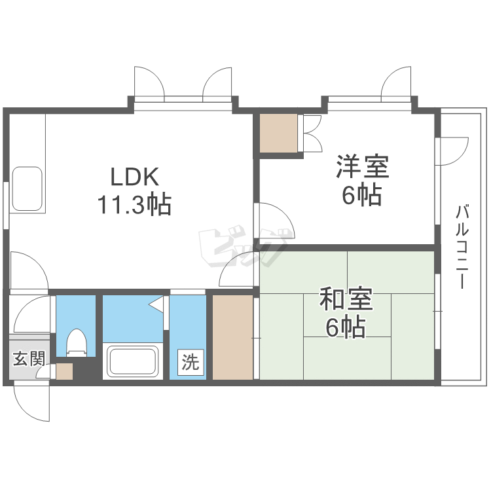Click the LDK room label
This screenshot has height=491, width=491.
(x=134, y=177)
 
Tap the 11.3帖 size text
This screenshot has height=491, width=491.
(x=134, y=206)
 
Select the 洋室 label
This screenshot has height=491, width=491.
(x=363, y=166)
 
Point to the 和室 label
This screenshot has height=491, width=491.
(x=346, y=299)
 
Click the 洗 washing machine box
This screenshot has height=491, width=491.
(x=190, y=362)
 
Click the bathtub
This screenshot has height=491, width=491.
(x=134, y=361)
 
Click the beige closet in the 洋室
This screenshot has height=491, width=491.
(x=278, y=133)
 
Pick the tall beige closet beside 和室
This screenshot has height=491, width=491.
(x=232, y=337)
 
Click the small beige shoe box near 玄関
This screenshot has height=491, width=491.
(x=64, y=371)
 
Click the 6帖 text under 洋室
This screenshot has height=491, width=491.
(x=362, y=195)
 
